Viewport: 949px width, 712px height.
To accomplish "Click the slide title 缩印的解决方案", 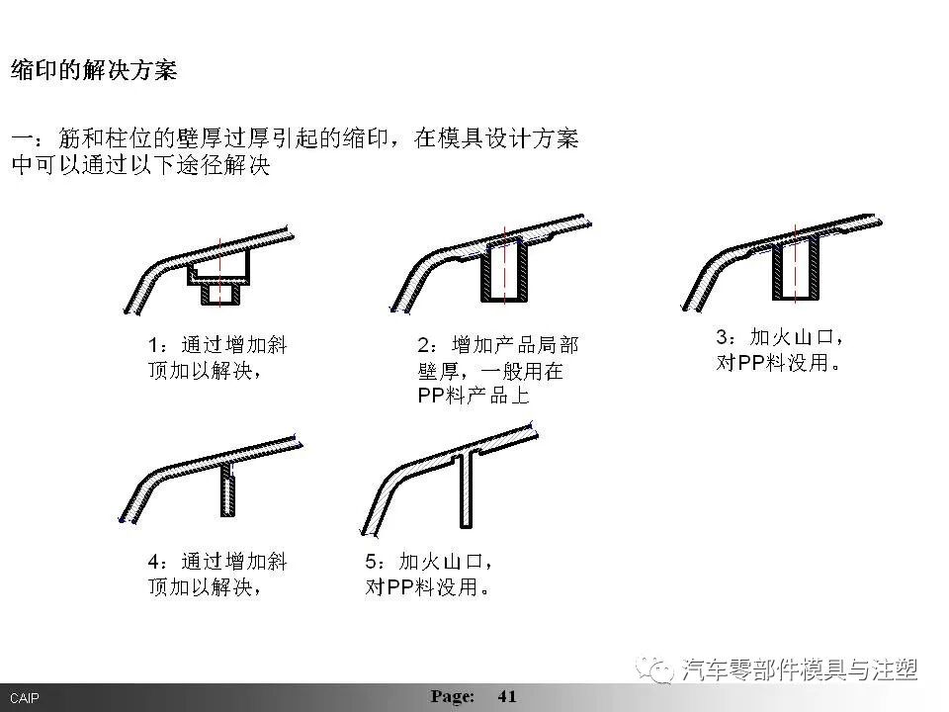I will [x=94, y=71].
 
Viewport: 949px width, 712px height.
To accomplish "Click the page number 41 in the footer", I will [x=507, y=696].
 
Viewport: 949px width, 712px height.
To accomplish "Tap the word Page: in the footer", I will [x=453, y=696].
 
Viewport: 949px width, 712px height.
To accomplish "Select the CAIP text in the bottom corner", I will [x=25, y=698].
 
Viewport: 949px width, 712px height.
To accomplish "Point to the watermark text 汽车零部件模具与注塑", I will [x=801, y=670].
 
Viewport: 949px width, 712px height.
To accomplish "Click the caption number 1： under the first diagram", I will [x=158, y=346].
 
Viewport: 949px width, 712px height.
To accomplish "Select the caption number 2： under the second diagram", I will [x=428, y=346].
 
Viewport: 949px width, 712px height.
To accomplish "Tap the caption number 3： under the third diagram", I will [x=727, y=338].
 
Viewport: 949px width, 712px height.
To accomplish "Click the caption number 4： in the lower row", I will [x=158, y=562].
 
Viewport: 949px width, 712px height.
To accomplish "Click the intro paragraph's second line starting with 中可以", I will [x=138, y=165].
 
